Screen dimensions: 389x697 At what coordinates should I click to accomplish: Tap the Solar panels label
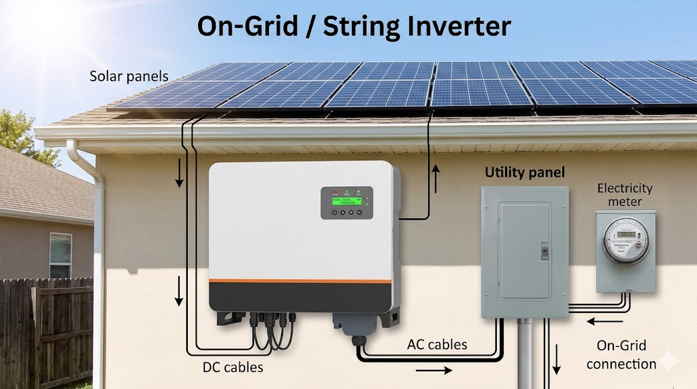tap(129, 76)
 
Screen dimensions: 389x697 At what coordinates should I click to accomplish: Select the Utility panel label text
tap(524, 173)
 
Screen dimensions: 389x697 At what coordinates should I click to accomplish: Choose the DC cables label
tap(233, 367)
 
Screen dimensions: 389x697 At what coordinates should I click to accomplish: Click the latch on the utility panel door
tap(544, 250)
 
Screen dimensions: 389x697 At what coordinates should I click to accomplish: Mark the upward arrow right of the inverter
tap(436, 180)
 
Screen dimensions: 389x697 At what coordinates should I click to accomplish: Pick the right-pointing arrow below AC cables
tap(433, 371)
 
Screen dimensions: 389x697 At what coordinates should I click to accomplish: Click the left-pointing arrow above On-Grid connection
tap(605, 320)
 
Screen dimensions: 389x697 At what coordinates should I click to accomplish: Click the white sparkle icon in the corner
tap(670, 361)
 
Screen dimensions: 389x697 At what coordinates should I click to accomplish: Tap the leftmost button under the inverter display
tap(334, 212)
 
